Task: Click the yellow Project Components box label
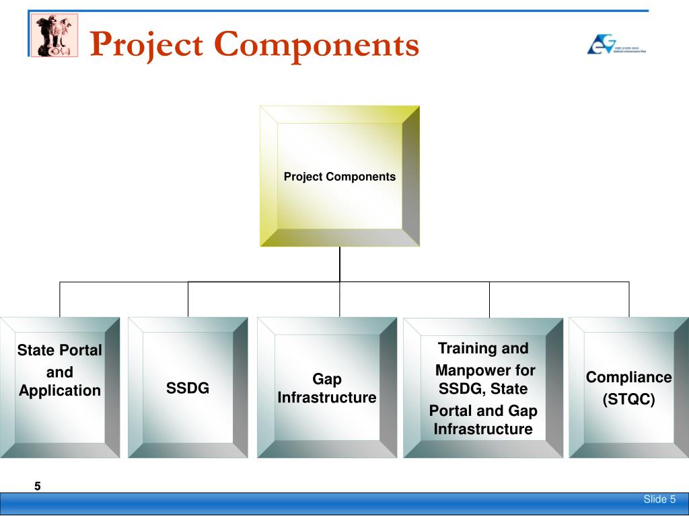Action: pyautogui.click(x=339, y=177)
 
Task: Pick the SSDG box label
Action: pyautogui.click(x=188, y=388)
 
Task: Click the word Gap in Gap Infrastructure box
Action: pyautogui.click(x=327, y=380)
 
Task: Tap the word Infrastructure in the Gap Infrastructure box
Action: pyautogui.click(x=327, y=397)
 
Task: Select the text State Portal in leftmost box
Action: pyautogui.click(x=59, y=350)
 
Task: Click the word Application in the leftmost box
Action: pyautogui.click(x=59, y=390)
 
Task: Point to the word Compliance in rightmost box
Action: pyautogui.click(x=628, y=377)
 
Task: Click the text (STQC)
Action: pyautogui.click(x=628, y=400)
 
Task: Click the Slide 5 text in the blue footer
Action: pyautogui.click(x=659, y=499)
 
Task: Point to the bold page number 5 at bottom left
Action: pyautogui.click(x=38, y=486)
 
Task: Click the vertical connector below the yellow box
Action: pyautogui.click(x=340, y=263)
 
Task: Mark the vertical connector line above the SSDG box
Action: pyautogui.click(x=188, y=299)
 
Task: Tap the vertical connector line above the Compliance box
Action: pyautogui.click(x=629, y=299)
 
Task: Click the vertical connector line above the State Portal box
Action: pyautogui.click(x=60, y=299)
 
